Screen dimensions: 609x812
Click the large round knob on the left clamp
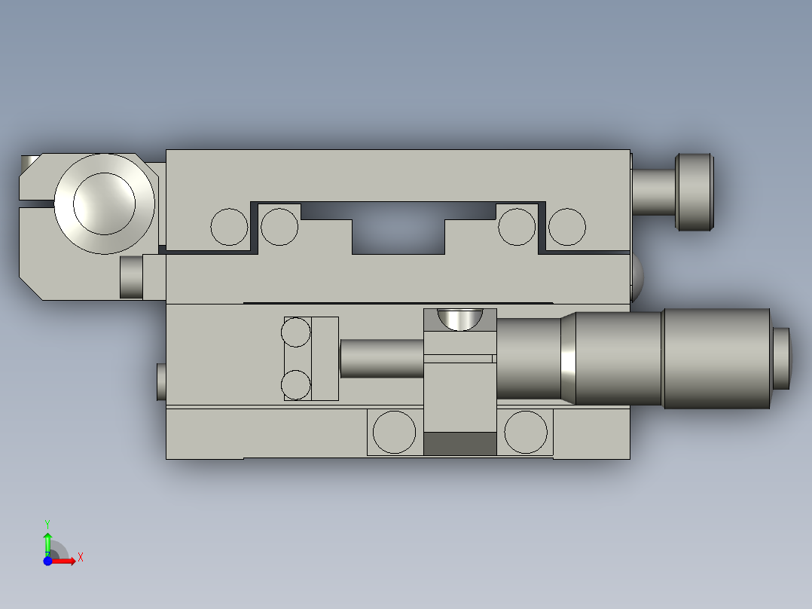(x=104, y=204)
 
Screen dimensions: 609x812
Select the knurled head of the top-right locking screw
(x=694, y=192)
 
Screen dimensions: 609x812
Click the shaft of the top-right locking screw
(x=652, y=191)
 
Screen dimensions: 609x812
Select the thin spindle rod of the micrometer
(x=381, y=359)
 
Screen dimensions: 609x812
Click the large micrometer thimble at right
(x=716, y=359)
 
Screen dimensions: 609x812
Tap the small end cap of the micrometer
(x=782, y=359)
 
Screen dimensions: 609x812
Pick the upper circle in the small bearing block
(x=296, y=332)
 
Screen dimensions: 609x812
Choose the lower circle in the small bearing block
(x=296, y=384)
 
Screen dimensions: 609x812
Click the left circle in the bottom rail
(x=395, y=433)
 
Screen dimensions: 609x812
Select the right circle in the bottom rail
(x=526, y=433)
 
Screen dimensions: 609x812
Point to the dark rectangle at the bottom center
(x=460, y=444)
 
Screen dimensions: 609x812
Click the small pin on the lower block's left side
(x=160, y=381)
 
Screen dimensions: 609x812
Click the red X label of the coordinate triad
(x=80, y=558)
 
